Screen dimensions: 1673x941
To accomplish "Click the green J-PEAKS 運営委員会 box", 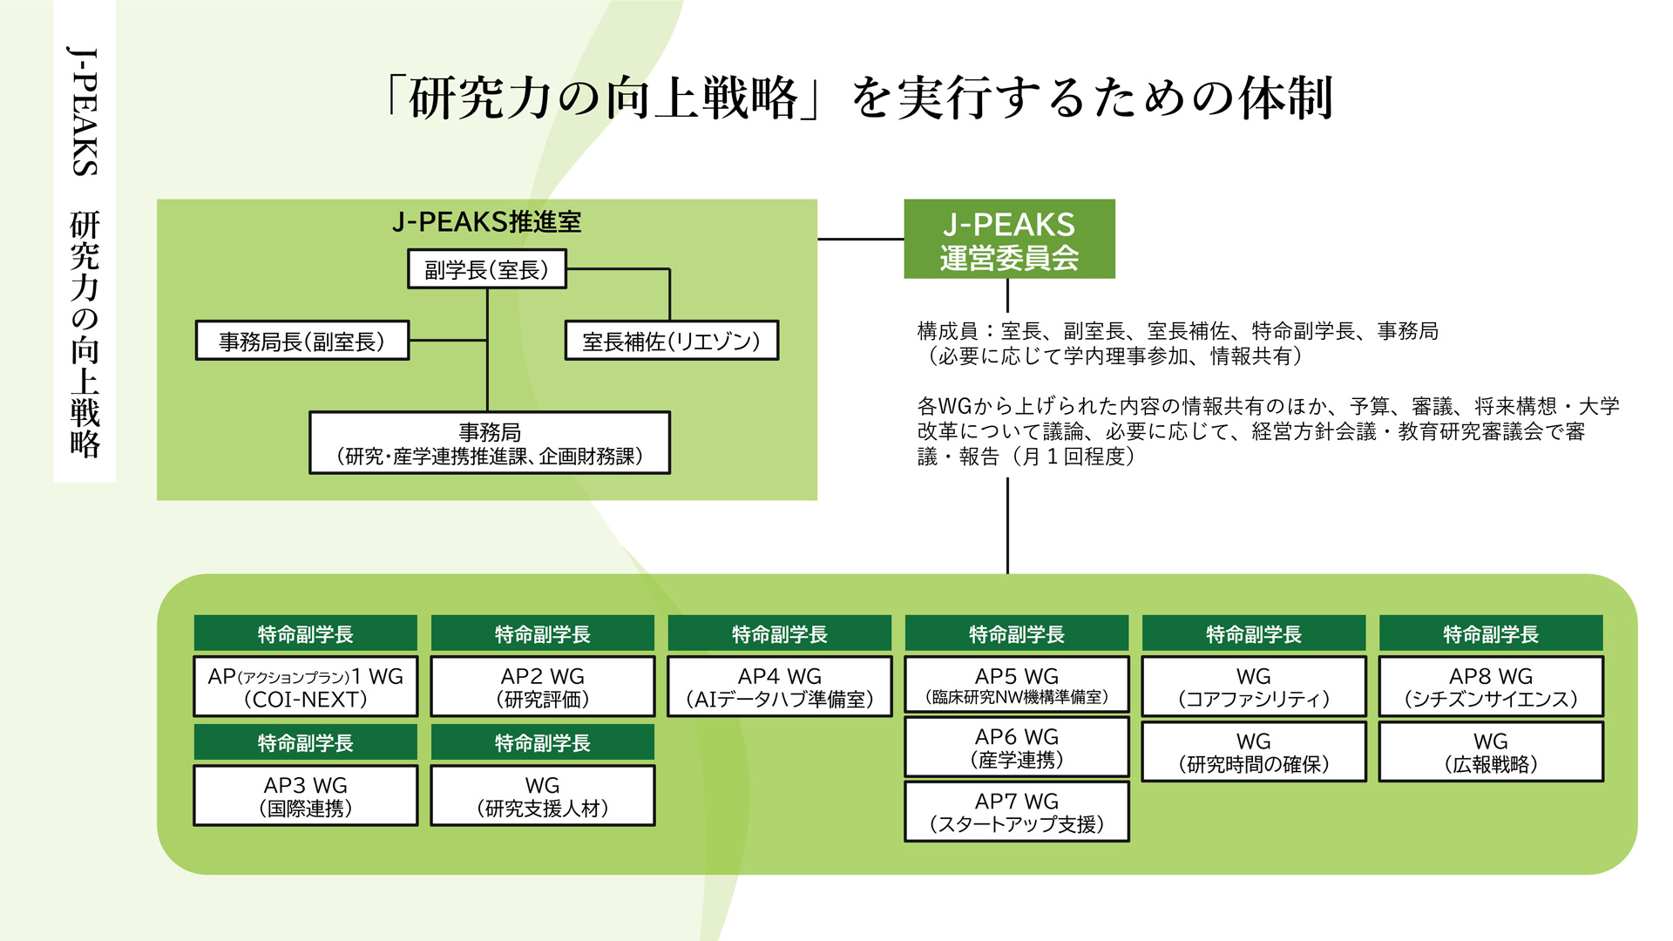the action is tap(1009, 239).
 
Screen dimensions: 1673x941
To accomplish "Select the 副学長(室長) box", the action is tap(487, 269).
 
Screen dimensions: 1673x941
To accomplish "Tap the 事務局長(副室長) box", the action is tap(302, 341).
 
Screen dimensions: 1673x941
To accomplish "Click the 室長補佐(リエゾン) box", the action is tap(671, 341).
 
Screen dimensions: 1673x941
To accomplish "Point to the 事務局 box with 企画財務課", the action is tap(490, 443).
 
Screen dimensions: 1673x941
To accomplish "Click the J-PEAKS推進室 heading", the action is tap(487, 222).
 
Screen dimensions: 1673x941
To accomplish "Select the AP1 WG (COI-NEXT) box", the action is tap(306, 687).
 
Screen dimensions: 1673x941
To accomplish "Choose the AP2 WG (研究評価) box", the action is tap(543, 687).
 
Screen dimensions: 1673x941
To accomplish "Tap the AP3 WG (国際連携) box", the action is tap(306, 795).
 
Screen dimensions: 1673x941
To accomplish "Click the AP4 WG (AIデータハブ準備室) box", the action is tap(780, 687).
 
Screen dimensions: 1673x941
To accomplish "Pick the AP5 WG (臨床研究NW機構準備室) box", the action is tap(1017, 685).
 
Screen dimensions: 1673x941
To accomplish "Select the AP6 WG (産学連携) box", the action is tap(1017, 747).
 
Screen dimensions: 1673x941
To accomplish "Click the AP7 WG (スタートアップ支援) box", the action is tap(1017, 812).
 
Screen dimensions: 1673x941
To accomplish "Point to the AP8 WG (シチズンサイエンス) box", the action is tap(1491, 687).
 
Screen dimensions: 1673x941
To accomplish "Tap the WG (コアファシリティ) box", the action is tap(1254, 687).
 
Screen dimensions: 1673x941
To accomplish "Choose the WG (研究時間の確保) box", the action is tap(1254, 752).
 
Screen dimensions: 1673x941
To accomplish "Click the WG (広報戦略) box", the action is tap(1491, 752).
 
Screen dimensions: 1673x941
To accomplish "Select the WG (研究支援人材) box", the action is tap(543, 795).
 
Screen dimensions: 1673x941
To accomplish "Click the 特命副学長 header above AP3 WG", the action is tap(306, 742).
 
